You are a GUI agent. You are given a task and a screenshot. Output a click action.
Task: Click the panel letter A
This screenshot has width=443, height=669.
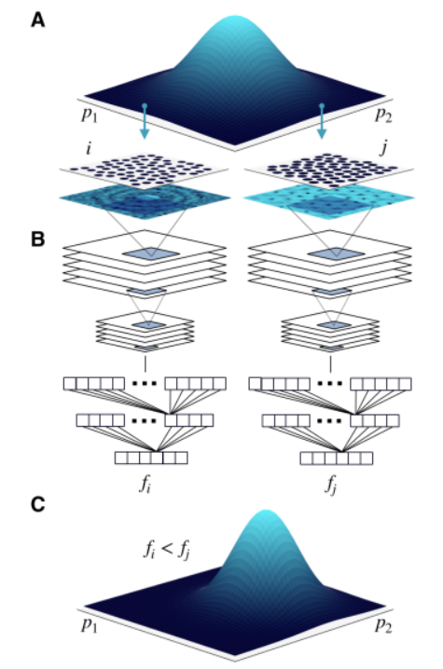[x=37, y=20]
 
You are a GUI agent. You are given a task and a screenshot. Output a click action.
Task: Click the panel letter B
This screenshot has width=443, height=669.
[x=37, y=239]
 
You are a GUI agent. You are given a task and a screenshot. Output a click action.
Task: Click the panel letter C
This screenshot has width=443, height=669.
[x=37, y=505]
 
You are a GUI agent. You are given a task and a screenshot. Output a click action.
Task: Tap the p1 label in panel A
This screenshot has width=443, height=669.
[x=90, y=116]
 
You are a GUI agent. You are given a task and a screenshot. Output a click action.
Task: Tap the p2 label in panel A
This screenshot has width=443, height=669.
[x=383, y=115]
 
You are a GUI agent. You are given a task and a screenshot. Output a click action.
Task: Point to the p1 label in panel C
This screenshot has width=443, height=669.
[x=90, y=624]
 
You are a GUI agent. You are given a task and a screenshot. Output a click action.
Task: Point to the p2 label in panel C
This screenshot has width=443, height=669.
[x=383, y=624]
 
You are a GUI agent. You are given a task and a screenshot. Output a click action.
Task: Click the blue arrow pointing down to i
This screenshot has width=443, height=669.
[x=145, y=121]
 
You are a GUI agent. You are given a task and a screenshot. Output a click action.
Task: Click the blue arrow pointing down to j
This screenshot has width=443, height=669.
[x=322, y=121]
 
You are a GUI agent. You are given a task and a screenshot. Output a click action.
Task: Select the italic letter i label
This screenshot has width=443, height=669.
[x=89, y=147]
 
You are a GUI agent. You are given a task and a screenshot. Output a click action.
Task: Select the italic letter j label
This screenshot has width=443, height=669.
[x=384, y=148]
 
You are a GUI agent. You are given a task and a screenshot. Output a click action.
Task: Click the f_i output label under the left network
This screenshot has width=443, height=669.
[x=145, y=485]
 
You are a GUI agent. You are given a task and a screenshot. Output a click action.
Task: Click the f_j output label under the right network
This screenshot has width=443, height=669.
[x=330, y=485]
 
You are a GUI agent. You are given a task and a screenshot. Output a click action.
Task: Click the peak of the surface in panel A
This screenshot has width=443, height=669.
[x=236, y=17]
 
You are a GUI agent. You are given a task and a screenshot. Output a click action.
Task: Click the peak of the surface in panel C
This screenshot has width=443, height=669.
[x=266, y=511]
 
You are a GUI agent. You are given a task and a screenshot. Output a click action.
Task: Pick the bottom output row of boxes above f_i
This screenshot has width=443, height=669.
[x=151, y=457]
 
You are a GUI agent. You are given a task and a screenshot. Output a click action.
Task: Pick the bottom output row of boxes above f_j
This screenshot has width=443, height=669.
[x=336, y=458]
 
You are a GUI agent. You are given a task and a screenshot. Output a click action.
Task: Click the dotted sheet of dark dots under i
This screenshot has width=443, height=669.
[x=144, y=170]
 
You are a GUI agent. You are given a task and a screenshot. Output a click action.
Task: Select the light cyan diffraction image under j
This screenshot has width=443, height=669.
[x=328, y=198]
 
